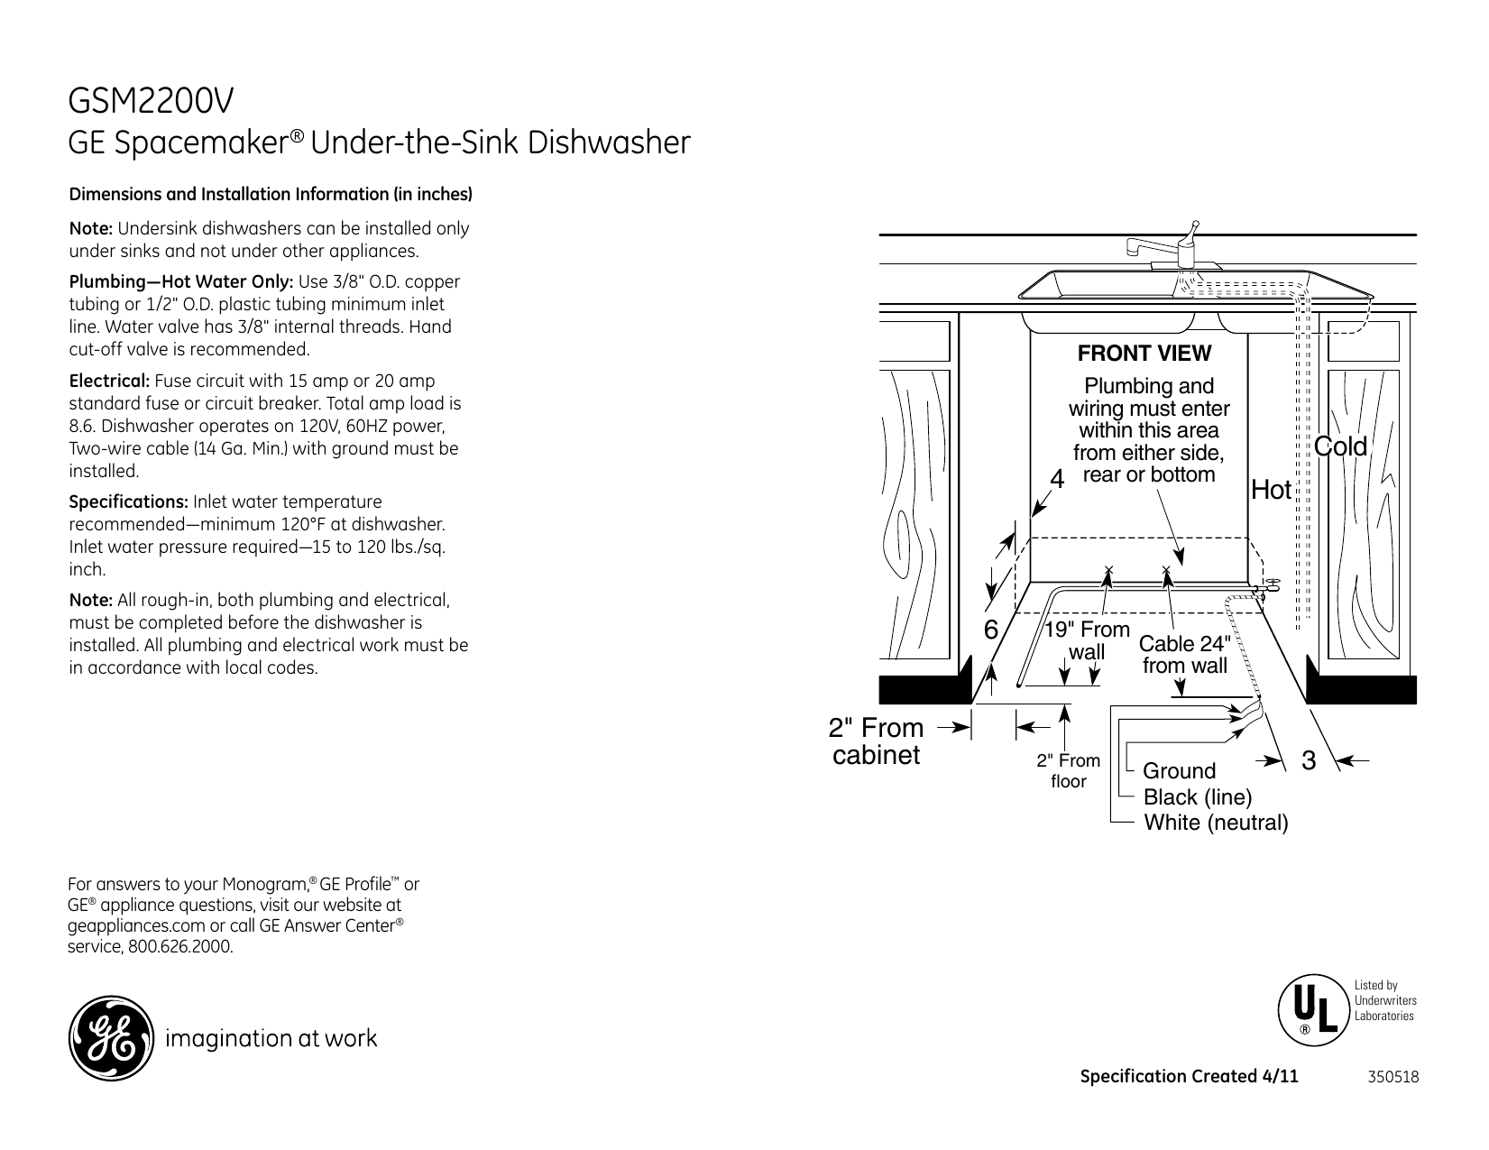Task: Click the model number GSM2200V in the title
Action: pos(152,102)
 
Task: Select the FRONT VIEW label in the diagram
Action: pos(1144,354)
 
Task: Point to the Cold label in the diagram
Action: pos(1340,446)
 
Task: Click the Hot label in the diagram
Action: pos(1272,491)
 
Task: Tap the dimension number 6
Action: pos(990,630)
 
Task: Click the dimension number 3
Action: pos(1309,760)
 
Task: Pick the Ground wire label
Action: pos(1179,771)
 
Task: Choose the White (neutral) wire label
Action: pos(1215,823)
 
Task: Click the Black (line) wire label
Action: pos(1198,797)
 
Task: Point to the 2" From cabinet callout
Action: pos(876,741)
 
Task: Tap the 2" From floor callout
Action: pos(1068,771)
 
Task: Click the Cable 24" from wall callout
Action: pos(1184,655)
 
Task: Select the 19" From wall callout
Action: pos(1087,640)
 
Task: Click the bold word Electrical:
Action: pos(110,382)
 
